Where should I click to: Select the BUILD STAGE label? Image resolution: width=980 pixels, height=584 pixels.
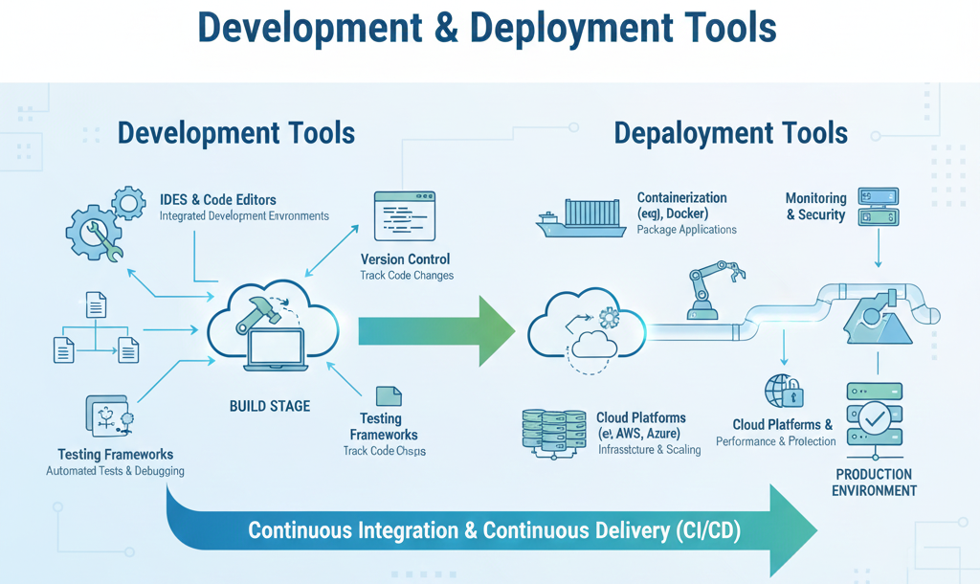click(x=269, y=406)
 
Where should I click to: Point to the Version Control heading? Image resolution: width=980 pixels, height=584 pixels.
click(x=405, y=259)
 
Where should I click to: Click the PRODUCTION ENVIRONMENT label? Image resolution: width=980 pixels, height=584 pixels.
click(x=873, y=483)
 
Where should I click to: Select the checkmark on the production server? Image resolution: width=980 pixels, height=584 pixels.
click(x=874, y=418)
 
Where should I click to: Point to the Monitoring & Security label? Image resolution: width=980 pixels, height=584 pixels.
click(x=815, y=207)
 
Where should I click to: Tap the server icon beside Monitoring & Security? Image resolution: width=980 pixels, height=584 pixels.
click(x=878, y=208)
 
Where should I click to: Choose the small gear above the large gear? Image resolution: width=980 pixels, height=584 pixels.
click(x=128, y=203)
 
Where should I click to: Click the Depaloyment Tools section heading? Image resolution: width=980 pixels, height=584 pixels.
click(x=730, y=132)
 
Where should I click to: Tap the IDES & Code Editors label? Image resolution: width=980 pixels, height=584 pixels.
click(x=218, y=200)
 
